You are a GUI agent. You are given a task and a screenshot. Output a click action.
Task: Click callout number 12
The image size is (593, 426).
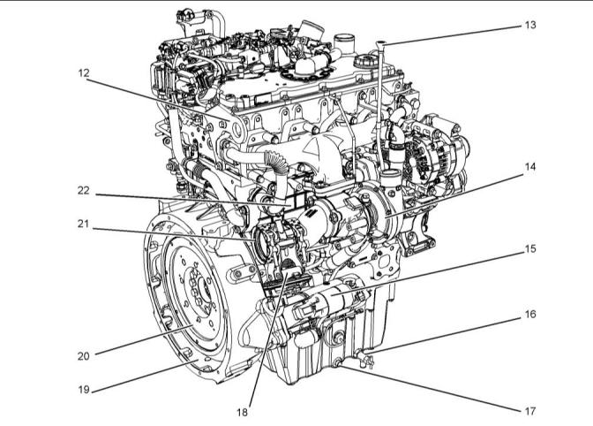(x=84, y=72)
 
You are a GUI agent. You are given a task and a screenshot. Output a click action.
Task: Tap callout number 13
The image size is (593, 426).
(x=530, y=25)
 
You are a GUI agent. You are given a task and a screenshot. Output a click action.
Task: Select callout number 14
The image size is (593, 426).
(x=530, y=167)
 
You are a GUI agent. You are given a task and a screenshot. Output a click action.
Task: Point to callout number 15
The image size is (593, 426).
(x=530, y=248)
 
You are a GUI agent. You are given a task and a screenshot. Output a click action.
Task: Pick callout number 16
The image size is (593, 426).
(x=530, y=314)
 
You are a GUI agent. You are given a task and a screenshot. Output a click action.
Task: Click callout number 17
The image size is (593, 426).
(x=530, y=411)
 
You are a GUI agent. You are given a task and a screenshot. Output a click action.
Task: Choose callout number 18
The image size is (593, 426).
(x=242, y=412)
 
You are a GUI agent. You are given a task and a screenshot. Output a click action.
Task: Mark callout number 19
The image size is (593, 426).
(x=84, y=389)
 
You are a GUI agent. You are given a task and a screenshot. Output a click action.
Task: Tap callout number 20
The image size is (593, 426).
(x=84, y=356)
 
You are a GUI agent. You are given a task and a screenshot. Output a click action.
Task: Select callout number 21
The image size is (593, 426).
(x=83, y=224)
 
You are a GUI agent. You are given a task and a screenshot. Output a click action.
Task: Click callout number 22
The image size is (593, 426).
(x=84, y=191)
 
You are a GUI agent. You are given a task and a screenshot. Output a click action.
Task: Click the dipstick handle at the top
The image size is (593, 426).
(x=381, y=45)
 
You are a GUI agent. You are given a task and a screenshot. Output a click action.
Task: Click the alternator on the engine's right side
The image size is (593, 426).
(x=435, y=156)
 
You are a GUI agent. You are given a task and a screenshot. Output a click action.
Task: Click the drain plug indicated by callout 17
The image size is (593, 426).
(x=336, y=364)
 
